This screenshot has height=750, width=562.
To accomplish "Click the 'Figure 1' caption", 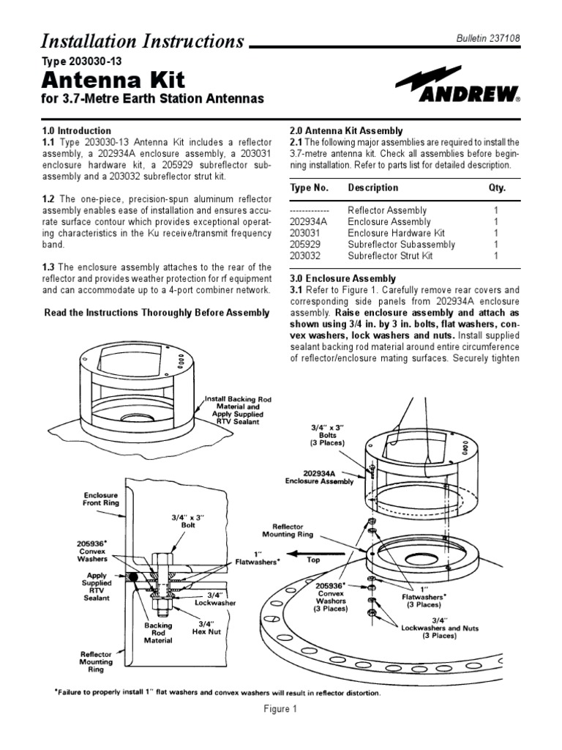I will tap(280, 710).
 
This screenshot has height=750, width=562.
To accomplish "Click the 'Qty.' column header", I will tap(497, 187).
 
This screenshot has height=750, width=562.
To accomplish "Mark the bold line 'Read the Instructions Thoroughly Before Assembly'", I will tap(157, 313).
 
